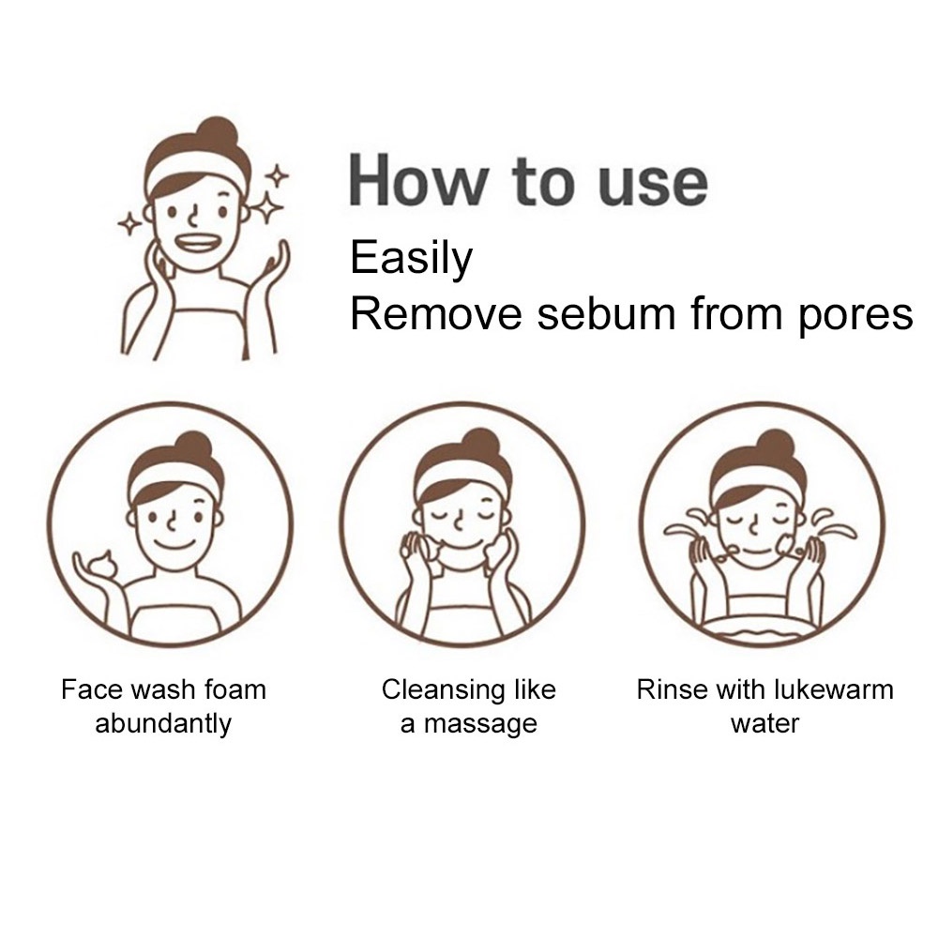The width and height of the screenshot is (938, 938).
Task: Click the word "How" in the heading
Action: point(418,181)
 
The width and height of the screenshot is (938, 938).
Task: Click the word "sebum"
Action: point(606,313)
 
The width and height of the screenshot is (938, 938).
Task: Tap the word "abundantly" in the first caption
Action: point(163,724)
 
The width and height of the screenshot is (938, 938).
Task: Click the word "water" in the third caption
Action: point(764,724)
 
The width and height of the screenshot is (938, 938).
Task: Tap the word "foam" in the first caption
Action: point(235,689)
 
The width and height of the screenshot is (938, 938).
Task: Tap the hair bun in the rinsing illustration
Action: point(776,446)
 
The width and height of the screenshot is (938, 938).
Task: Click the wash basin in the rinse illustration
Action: point(760,631)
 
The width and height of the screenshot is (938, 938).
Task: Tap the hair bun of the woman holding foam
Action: point(192,448)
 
